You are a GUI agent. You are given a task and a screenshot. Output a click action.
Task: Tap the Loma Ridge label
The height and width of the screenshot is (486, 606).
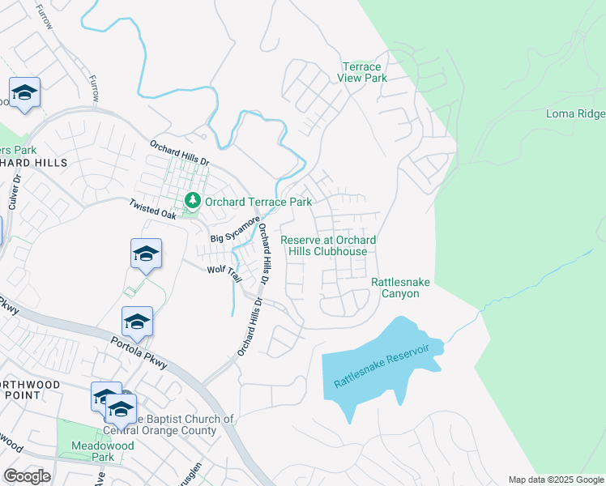575,114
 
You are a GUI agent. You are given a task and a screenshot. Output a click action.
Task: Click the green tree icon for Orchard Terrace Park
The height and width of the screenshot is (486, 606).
193,199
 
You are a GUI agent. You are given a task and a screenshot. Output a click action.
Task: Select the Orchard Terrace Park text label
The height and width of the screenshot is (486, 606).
258,201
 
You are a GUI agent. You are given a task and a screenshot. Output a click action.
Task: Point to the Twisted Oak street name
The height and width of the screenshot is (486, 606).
151,212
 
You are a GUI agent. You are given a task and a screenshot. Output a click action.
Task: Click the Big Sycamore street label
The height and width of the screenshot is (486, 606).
236,230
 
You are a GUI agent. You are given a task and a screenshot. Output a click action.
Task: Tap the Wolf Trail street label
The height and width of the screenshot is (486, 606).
224,273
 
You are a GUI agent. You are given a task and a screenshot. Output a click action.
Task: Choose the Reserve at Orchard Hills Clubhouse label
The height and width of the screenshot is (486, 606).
328,245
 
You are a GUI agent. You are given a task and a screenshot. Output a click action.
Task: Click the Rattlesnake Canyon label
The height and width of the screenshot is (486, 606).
400,288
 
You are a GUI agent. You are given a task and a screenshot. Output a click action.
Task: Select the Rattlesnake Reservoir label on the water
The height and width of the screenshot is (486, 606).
380,369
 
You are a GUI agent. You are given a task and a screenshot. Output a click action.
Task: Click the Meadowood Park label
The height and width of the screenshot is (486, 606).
92,451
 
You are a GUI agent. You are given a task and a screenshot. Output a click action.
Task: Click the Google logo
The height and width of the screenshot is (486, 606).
27,476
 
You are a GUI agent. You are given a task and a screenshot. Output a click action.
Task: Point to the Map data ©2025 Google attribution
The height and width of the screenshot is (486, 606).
557,480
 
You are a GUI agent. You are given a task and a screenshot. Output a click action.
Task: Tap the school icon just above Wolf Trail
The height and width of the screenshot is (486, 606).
146,254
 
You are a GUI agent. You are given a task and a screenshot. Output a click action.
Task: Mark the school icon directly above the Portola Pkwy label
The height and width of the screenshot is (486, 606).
137,322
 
